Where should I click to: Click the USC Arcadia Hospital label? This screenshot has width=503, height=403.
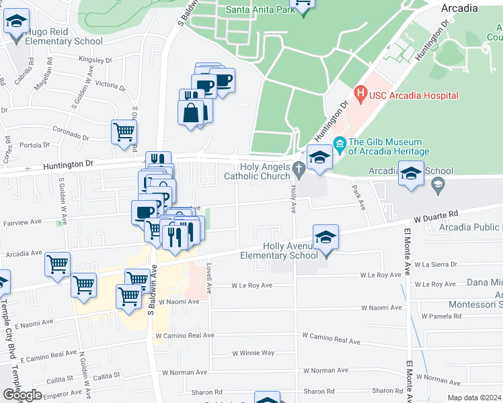414,96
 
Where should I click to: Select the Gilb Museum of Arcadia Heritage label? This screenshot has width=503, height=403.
385,146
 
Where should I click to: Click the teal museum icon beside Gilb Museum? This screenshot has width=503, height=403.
340,142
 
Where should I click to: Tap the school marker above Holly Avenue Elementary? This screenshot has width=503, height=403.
325,237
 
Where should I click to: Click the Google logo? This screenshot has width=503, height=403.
22,395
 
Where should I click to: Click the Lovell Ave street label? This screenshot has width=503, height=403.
209,278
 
